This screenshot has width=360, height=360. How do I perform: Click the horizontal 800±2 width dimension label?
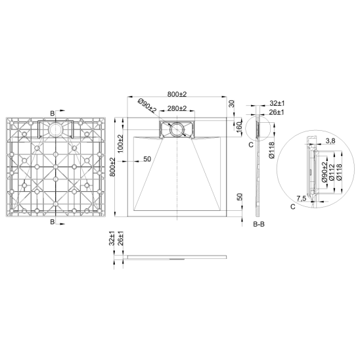coord(177,94)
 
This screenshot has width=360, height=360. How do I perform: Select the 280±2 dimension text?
coord(177,108)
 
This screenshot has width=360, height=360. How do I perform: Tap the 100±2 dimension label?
coord(120,144)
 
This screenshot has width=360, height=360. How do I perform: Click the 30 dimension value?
coord(232,104)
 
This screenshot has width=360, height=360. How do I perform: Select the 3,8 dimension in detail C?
coord(330,141)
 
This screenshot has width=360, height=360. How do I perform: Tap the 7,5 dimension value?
coord(302,198)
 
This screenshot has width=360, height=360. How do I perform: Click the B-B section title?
coord(259,224)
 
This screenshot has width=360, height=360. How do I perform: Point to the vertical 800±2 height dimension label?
coord(112,167)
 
